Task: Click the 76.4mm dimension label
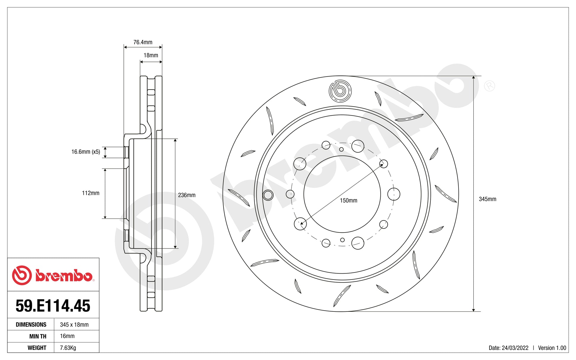pyautogui.click(x=143, y=42)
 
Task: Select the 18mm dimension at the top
pyautogui.click(x=151, y=55)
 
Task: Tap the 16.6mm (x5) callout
pyautogui.click(x=86, y=152)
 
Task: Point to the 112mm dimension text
pyautogui.click(x=91, y=193)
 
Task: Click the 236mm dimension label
pyautogui.click(x=186, y=195)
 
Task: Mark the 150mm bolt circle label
pyautogui.click(x=348, y=201)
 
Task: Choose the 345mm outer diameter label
pyautogui.click(x=487, y=199)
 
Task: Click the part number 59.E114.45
pyautogui.click(x=53, y=306)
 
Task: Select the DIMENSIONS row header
pyautogui.click(x=31, y=325)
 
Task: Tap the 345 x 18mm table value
pyautogui.click(x=74, y=325)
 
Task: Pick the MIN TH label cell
pyautogui.click(x=38, y=336)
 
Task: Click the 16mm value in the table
pyautogui.click(x=67, y=336)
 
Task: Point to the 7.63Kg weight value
pyautogui.click(x=68, y=348)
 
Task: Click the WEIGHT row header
pyautogui.click(x=37, y=348)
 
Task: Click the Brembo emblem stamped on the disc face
pyautogui.click(x=340, y=91)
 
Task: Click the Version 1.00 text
pyautogui.click(x=552, y=348)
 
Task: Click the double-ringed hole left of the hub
pyautogui.click(x=268, y=195)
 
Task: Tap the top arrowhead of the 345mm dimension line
pyautogui.click(x=473, y=78)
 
